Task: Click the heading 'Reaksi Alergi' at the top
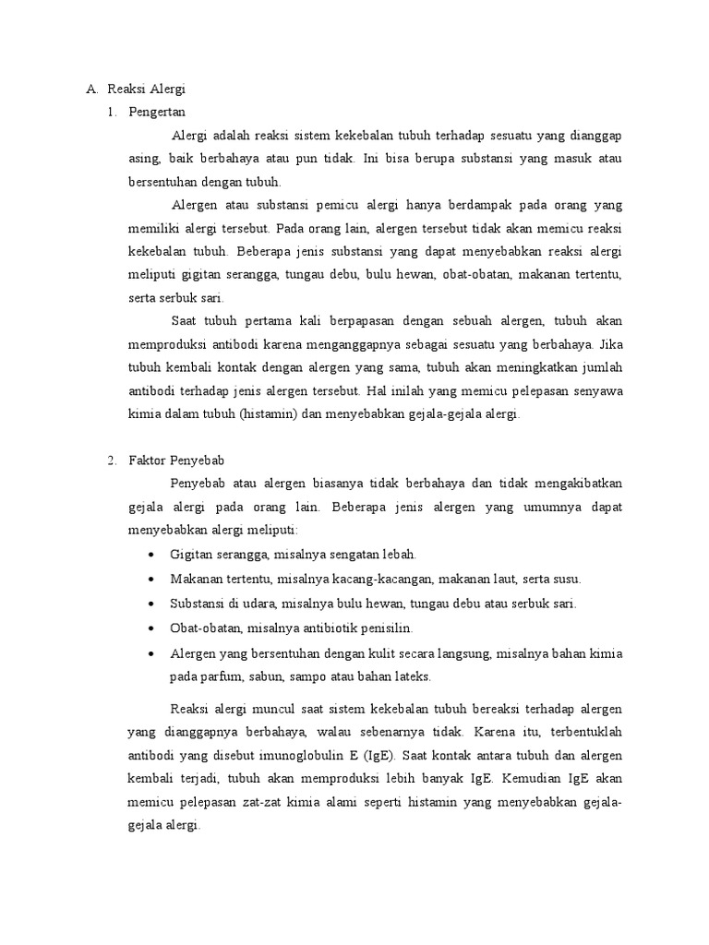[x=146, y=90]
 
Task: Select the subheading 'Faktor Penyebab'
[x=175, y=459]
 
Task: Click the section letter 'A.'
[x=91, y=90]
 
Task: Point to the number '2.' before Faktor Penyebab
[x=113, y=459]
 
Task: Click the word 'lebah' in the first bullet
[x=400, y=555]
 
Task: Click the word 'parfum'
[x=221, y=676]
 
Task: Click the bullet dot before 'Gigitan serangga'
[x=150, y=556]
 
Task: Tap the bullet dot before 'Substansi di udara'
[x=150, y=604]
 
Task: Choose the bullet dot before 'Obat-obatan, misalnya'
[x=150, y=628]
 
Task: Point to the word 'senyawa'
[x=596, y=390]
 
